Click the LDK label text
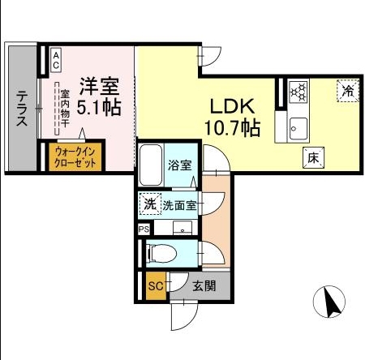(234, 106)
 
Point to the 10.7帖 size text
(235, 127)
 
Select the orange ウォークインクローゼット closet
(75, 156)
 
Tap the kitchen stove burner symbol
(298, 92)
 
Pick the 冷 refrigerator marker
(347, 91)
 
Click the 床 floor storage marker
(312, 158)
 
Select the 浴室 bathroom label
(180, 165)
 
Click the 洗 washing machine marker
(149, 204)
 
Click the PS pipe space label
(144, 229)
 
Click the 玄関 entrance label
(204, 285)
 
